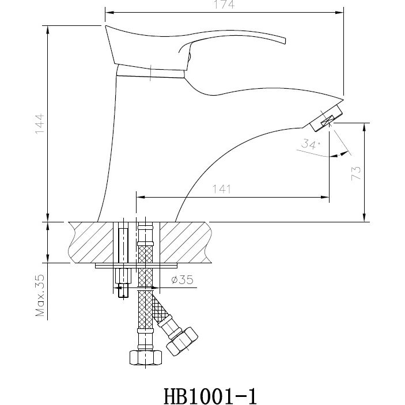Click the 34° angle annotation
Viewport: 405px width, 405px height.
click(310, 145)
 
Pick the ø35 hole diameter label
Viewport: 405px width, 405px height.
click(181, 281)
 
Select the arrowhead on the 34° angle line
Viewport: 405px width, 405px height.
click(345, 153)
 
